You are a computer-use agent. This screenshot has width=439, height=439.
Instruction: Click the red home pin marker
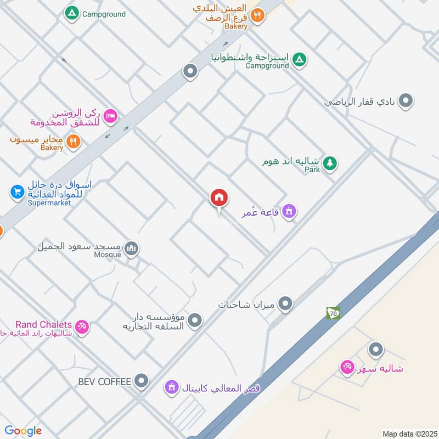[x=219, y=198]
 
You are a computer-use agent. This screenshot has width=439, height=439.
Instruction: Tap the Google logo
[x=23, y=431]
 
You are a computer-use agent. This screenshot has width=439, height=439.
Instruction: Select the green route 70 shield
[x=333, y=313]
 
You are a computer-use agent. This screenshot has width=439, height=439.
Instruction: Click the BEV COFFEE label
[x=105, y=381]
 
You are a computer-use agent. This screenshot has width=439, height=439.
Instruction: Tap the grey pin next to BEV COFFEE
[x=142, y=380]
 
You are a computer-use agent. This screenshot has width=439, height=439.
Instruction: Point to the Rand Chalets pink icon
[x=82, y=327]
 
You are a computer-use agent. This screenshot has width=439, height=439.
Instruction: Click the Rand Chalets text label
[x=43, y=325]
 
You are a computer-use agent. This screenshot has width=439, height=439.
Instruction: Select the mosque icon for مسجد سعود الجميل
[x=131, y=249]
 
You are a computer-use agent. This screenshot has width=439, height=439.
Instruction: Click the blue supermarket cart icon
[x=17, y=192]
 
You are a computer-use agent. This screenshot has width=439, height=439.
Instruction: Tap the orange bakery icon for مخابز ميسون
[x=73, y=142]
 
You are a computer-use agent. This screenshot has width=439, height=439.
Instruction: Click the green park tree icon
[x=330, y=162]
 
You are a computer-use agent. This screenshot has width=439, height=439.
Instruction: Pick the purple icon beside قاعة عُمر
[x=289, y=211]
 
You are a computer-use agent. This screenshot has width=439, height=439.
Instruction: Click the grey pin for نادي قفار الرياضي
[x=406, y=100]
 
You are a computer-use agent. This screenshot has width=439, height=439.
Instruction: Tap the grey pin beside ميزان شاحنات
[x=285, y=303]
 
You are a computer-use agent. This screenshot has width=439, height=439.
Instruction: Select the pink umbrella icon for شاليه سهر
[x=347, y=367]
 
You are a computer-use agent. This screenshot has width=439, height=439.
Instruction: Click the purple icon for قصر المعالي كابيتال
[x=172, y=387]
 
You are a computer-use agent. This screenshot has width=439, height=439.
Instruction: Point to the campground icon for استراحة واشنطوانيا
[x=299, y=59]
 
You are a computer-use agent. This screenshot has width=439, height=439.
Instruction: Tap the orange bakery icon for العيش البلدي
[x=258, y=16]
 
